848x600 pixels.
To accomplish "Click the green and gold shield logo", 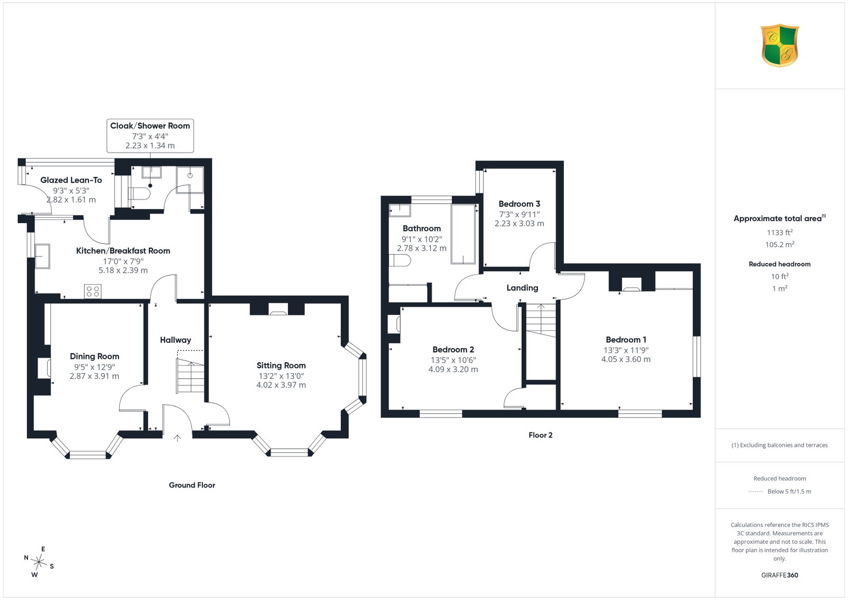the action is [780, 46].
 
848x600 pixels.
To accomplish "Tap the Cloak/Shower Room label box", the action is [150, 136].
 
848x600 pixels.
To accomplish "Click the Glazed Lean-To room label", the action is [71, 180].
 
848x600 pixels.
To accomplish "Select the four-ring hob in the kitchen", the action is [93, 291].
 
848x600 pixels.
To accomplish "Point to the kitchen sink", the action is [42, 257].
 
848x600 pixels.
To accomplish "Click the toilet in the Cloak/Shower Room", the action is [140, 194].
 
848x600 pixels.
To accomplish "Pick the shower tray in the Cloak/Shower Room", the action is [190, 180].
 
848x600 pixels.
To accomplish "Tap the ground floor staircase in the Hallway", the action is [190, 375].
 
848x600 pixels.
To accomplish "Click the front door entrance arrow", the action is [177, 438].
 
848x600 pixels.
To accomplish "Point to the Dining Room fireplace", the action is [44, 368].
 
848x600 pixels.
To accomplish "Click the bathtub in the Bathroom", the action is [463, 234].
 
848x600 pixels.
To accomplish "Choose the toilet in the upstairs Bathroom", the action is [400, 260].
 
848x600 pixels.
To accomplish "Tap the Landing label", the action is [522, 288].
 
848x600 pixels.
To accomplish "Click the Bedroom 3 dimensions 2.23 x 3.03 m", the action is [519, 223].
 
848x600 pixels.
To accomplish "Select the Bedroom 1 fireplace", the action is [632, 284].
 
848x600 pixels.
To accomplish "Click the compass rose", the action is [39, 562].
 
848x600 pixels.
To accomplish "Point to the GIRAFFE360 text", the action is [780, 575].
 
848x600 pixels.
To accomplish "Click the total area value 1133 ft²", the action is [780, 233].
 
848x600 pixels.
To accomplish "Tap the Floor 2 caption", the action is [540, 435].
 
